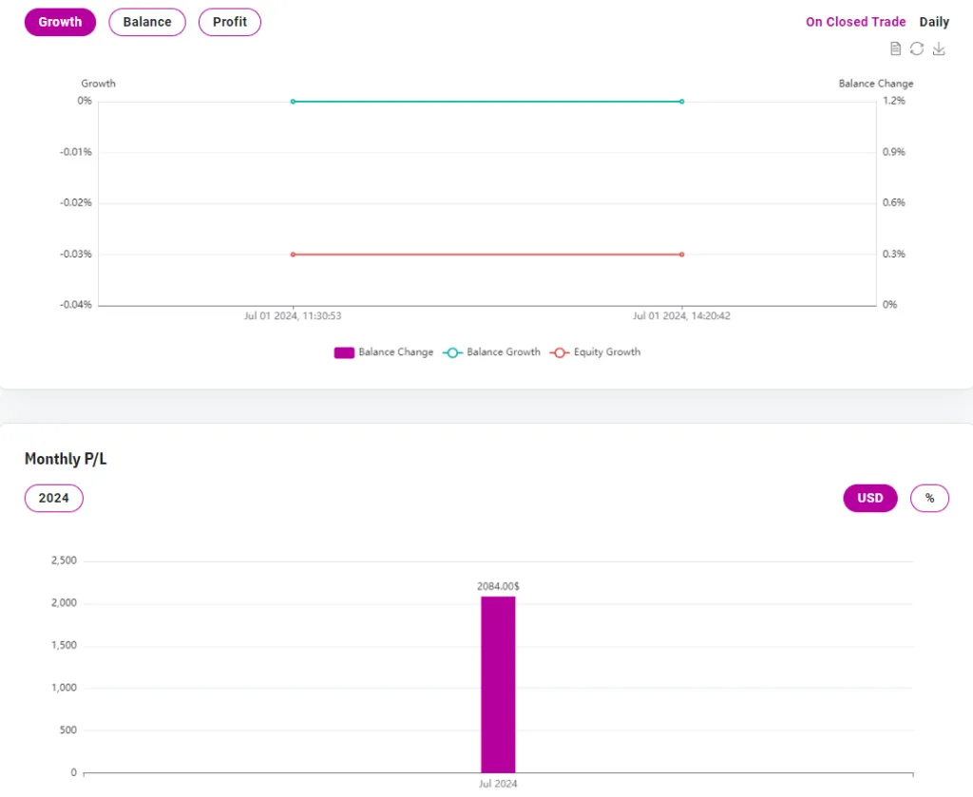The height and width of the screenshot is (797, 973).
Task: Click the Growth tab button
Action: click(x=60, y=22)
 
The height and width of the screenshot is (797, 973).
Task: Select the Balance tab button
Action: click(x=147, y=22)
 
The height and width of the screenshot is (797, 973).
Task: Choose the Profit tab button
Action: click(x=230, y=22)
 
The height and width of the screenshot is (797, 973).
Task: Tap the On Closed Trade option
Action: click(x=855, y=22)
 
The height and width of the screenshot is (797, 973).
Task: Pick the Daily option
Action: click(x=934, y=22)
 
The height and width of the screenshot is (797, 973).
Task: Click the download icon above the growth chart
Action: click(x=939, y=49)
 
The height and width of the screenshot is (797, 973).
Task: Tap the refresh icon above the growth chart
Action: click(x=917, y=49)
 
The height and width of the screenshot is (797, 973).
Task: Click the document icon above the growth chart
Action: click(x=895, y=49)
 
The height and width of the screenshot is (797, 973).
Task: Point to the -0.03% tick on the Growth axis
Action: click(x=75, y=254)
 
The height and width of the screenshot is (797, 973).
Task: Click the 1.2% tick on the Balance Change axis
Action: click(x=894, y=101)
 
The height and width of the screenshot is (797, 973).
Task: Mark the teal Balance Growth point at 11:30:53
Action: click(x=293, y=102)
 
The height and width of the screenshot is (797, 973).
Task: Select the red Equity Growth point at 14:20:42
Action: click(x=682, y=255)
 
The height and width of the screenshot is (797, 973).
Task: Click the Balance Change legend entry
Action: click(x=384, y=352)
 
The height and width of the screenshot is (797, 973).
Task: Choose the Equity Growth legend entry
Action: click(x=596, y=352)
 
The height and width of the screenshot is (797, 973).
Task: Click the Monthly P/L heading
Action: click(x=66, y=459)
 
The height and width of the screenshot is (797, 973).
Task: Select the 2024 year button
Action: click(x=54, y=498)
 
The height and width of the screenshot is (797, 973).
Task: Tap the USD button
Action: click(x=869, y=498)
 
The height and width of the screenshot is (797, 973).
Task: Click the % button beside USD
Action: click(x=929, y=498)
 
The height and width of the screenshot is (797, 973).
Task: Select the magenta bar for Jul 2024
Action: click(x=498, y=684)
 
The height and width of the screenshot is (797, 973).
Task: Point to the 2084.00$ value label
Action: click(x=498, y=586)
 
